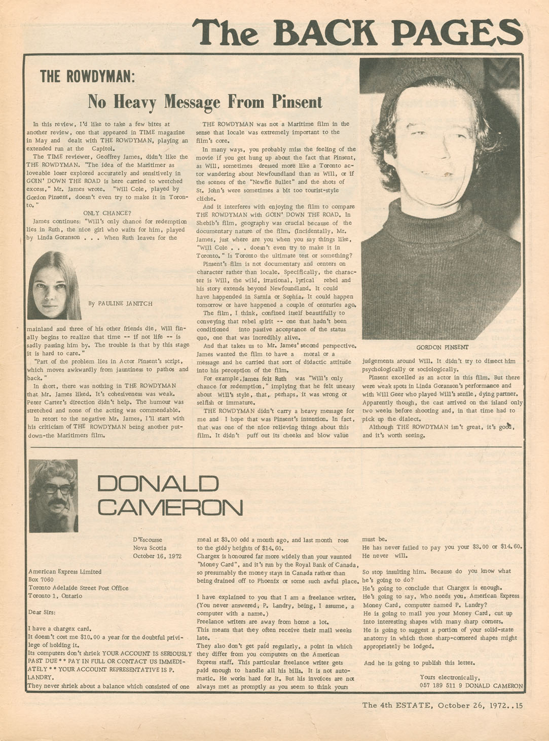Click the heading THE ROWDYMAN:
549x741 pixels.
87,77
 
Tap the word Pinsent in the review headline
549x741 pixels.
297,102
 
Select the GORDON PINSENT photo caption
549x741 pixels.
442,347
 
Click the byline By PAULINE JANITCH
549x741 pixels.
120,304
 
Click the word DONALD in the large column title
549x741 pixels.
158,483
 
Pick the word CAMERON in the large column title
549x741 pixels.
170,507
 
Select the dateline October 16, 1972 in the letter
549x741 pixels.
157,556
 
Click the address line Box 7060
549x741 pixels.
41,580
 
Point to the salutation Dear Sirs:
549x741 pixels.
42,612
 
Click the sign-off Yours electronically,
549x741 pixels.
450,678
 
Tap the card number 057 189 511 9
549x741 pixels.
440,686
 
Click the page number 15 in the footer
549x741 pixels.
519,705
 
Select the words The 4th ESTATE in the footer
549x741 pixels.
396,705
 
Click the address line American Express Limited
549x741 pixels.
65,572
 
